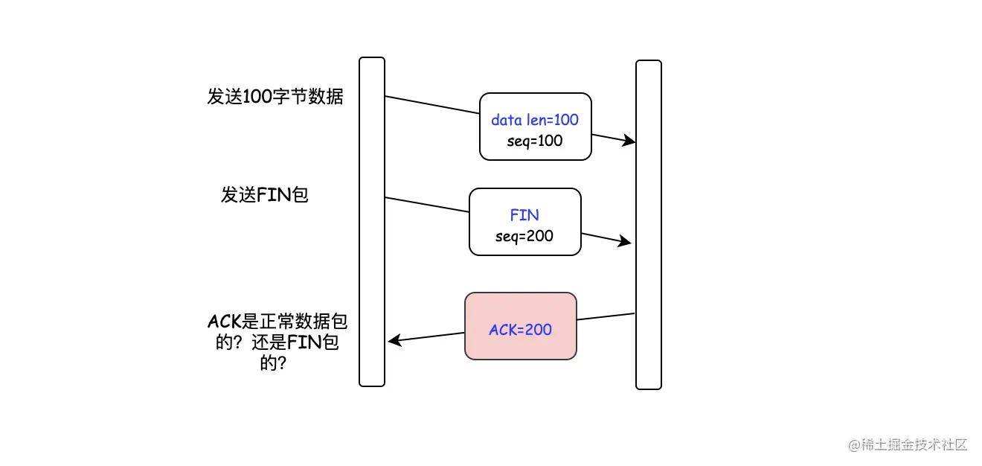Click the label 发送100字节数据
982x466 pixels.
tap(275, 97)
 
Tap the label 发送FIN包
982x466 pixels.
tap(264, 195)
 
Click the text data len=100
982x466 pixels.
tap(535, 120)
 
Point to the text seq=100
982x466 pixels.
tap(535, 141)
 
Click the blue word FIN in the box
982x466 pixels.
tap(524, 215)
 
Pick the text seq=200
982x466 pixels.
tap(524, 236)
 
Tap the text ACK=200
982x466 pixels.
tap(520, 329)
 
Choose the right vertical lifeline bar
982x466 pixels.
tap(648, 224)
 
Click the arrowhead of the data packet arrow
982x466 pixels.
tap(630, 141)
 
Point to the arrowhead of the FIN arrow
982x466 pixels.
tap(626, 242)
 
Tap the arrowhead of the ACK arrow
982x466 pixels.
tap(394, 341)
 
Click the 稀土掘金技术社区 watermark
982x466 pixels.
tap(914, 445)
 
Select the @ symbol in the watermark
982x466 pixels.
tap(853, 445)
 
